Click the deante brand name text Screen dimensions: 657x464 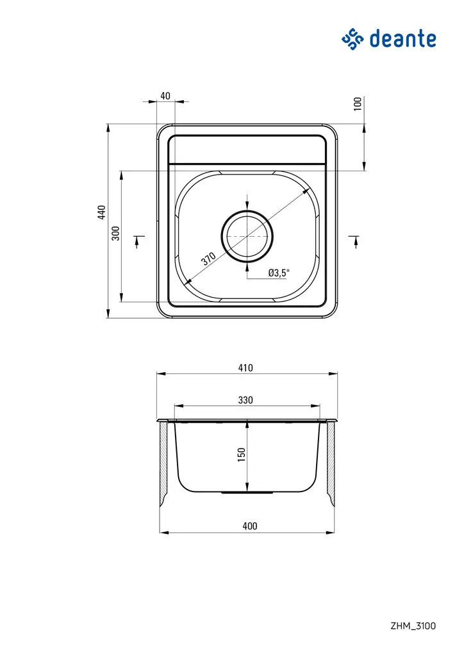402,38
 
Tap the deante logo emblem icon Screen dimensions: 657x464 352,39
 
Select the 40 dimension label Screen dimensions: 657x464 165,96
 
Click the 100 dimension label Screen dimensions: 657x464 358,103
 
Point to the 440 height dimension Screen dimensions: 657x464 101,212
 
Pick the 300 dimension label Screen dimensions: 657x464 115,233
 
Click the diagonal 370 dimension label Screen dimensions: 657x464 208,259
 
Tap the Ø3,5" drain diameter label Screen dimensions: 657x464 279,273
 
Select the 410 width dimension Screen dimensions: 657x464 245,368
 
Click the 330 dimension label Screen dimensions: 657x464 245,400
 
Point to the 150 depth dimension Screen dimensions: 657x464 241,454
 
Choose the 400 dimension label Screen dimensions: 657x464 250,526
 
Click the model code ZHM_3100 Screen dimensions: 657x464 413,626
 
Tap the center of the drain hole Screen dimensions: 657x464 247,236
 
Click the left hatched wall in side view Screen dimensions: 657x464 163,462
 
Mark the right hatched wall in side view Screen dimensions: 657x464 331,462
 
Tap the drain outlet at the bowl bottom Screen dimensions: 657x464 247,493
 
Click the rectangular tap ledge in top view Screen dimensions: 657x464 247,149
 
